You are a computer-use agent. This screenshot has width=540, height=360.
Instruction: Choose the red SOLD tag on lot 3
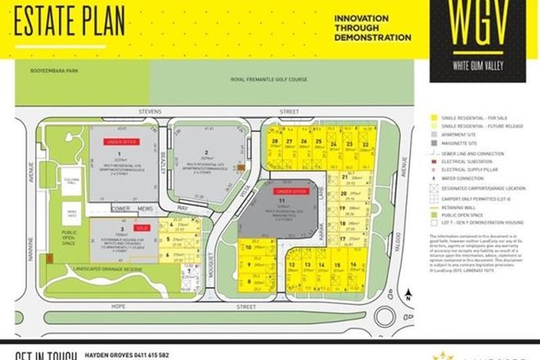click(x=140, y=227)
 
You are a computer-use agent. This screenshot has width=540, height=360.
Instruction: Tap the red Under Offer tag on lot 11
click(x=292, y=191)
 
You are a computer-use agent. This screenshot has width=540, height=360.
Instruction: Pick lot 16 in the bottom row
click(x=352, y=265)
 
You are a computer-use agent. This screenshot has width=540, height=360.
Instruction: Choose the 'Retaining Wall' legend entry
click(x=462, y=205)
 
